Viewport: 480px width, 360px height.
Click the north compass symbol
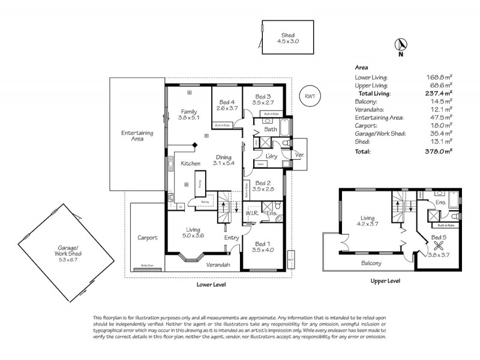pos(401,44)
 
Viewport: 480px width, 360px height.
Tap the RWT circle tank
pos(310,96)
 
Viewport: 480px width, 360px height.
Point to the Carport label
pos(147,238)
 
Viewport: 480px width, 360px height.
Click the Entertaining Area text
pos(137,136)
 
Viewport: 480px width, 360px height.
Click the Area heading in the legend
pos(362,68)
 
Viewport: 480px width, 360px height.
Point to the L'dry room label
pos(270,157)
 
